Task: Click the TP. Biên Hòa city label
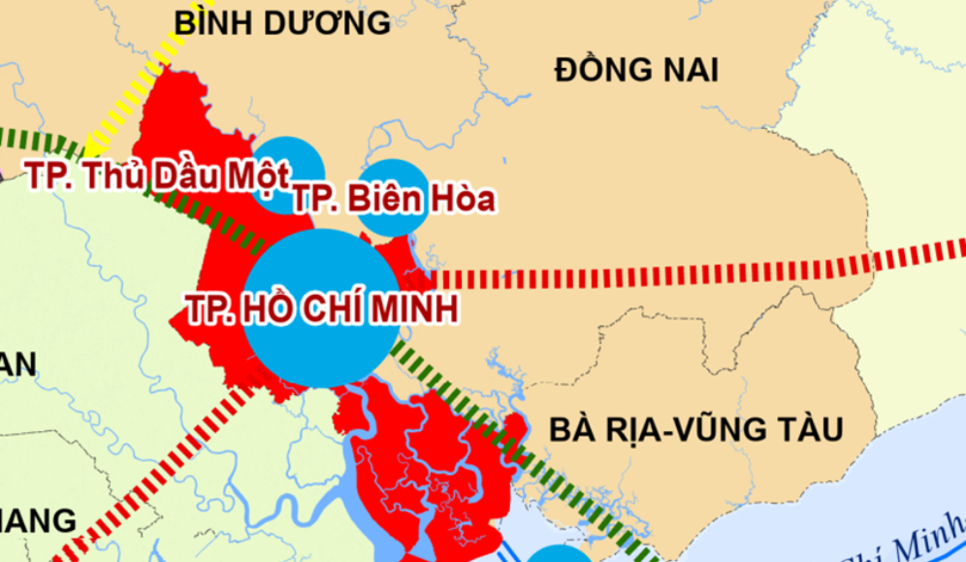point(394,199)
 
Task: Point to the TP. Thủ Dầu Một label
point(157,177)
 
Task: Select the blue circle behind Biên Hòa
point(392,175)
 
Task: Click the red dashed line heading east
point(679,273)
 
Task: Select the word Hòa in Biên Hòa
point(463,199)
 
